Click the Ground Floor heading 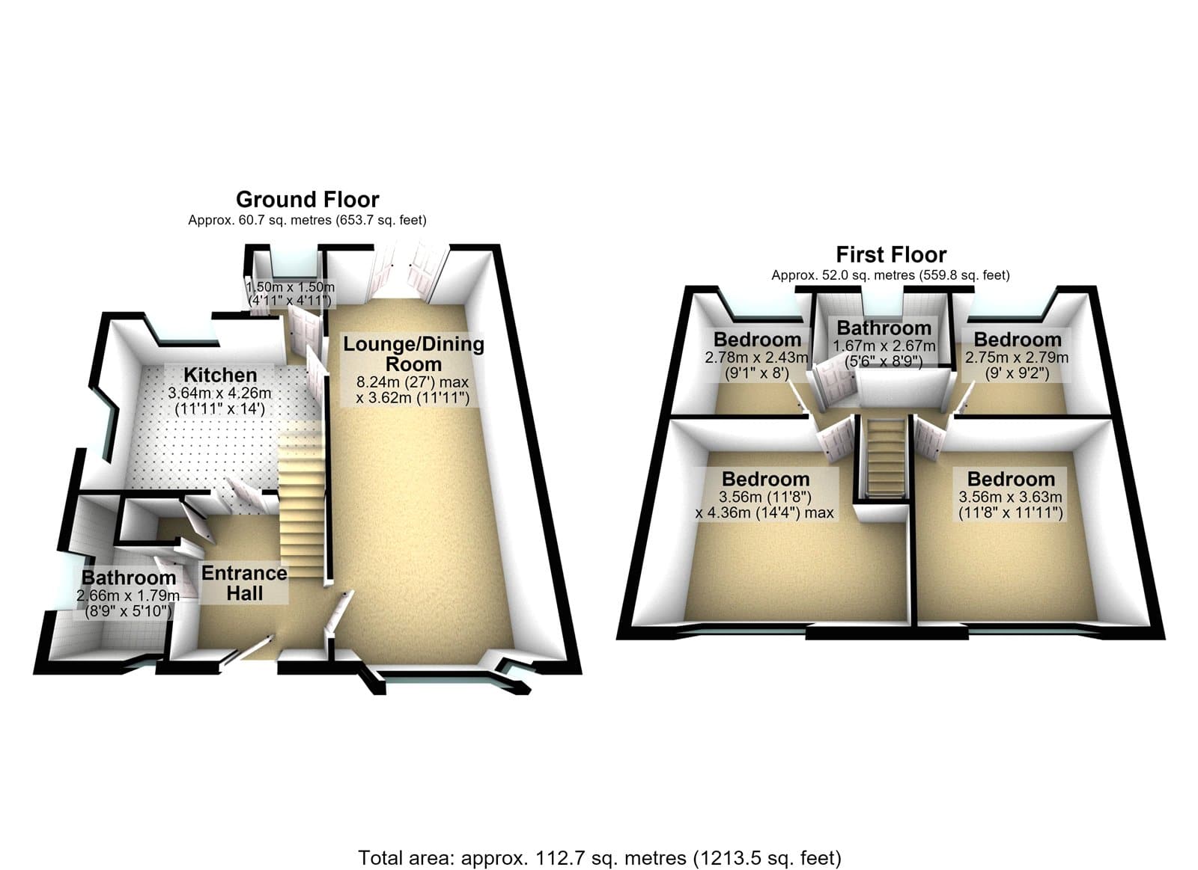point(308,200)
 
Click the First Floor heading point(891,255)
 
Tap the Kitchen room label point(220,375)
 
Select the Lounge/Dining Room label point(413,354)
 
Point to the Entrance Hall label point(244,583)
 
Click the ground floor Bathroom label point(129,578)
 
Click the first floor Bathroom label point(884,328)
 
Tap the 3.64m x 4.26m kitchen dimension point(220,393)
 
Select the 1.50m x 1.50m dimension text point(291,287)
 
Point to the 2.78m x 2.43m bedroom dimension point(756,357)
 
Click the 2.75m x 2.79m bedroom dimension point(1017,357)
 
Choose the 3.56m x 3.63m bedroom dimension point(1010,497)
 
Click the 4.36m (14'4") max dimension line point(764,513)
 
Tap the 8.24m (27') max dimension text point(413,382)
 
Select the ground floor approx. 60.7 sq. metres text point(307,220)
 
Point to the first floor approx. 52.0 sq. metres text point(890,275)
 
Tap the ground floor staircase point(301,503)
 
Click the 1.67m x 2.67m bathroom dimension point(884,346)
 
